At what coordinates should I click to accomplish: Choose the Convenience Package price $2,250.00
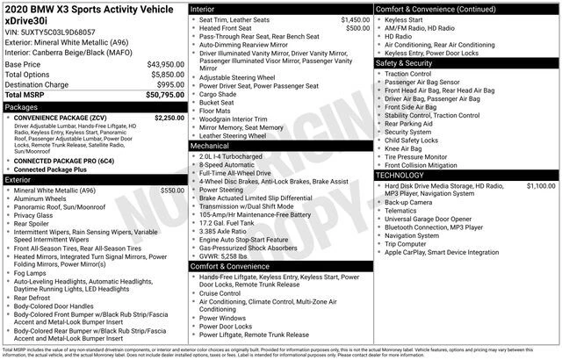tap(169, 118)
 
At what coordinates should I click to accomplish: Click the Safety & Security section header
tap(404, 63)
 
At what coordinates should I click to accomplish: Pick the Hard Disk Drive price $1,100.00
tap(540, 186)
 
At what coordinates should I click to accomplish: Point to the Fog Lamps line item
tap(32, 273)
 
